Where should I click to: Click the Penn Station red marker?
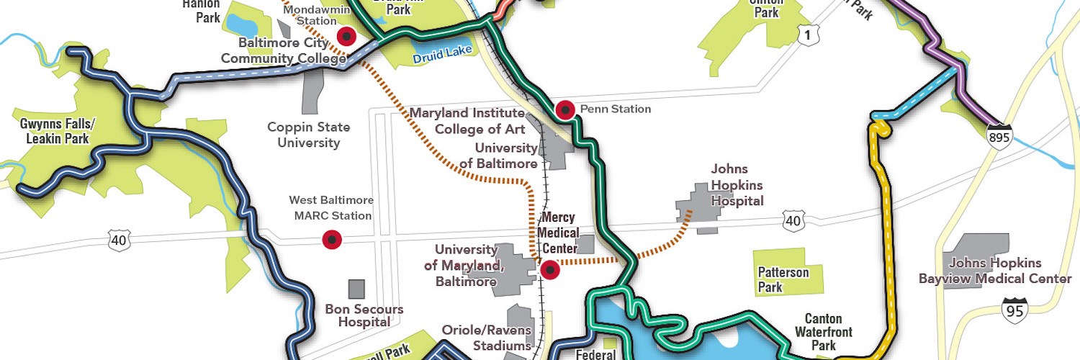click(x=565, y=110)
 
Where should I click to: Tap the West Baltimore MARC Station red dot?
click(x=331, y=239)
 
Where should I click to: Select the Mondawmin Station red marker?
click(x=347, y=36)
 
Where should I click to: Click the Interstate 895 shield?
click(x=1000, y=136)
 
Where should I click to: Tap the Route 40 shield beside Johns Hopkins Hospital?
click(x=793, y=221)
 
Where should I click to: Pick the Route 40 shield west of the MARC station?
click(x=119, y=240)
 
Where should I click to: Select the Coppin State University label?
click(x=308, y=135)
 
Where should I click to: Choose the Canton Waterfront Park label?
click(x=824, y=332)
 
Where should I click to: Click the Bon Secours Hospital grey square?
click(x=356, y=289)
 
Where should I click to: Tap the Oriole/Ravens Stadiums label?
click(x=487, y=338)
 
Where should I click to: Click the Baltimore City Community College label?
click(x=283, y=50)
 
